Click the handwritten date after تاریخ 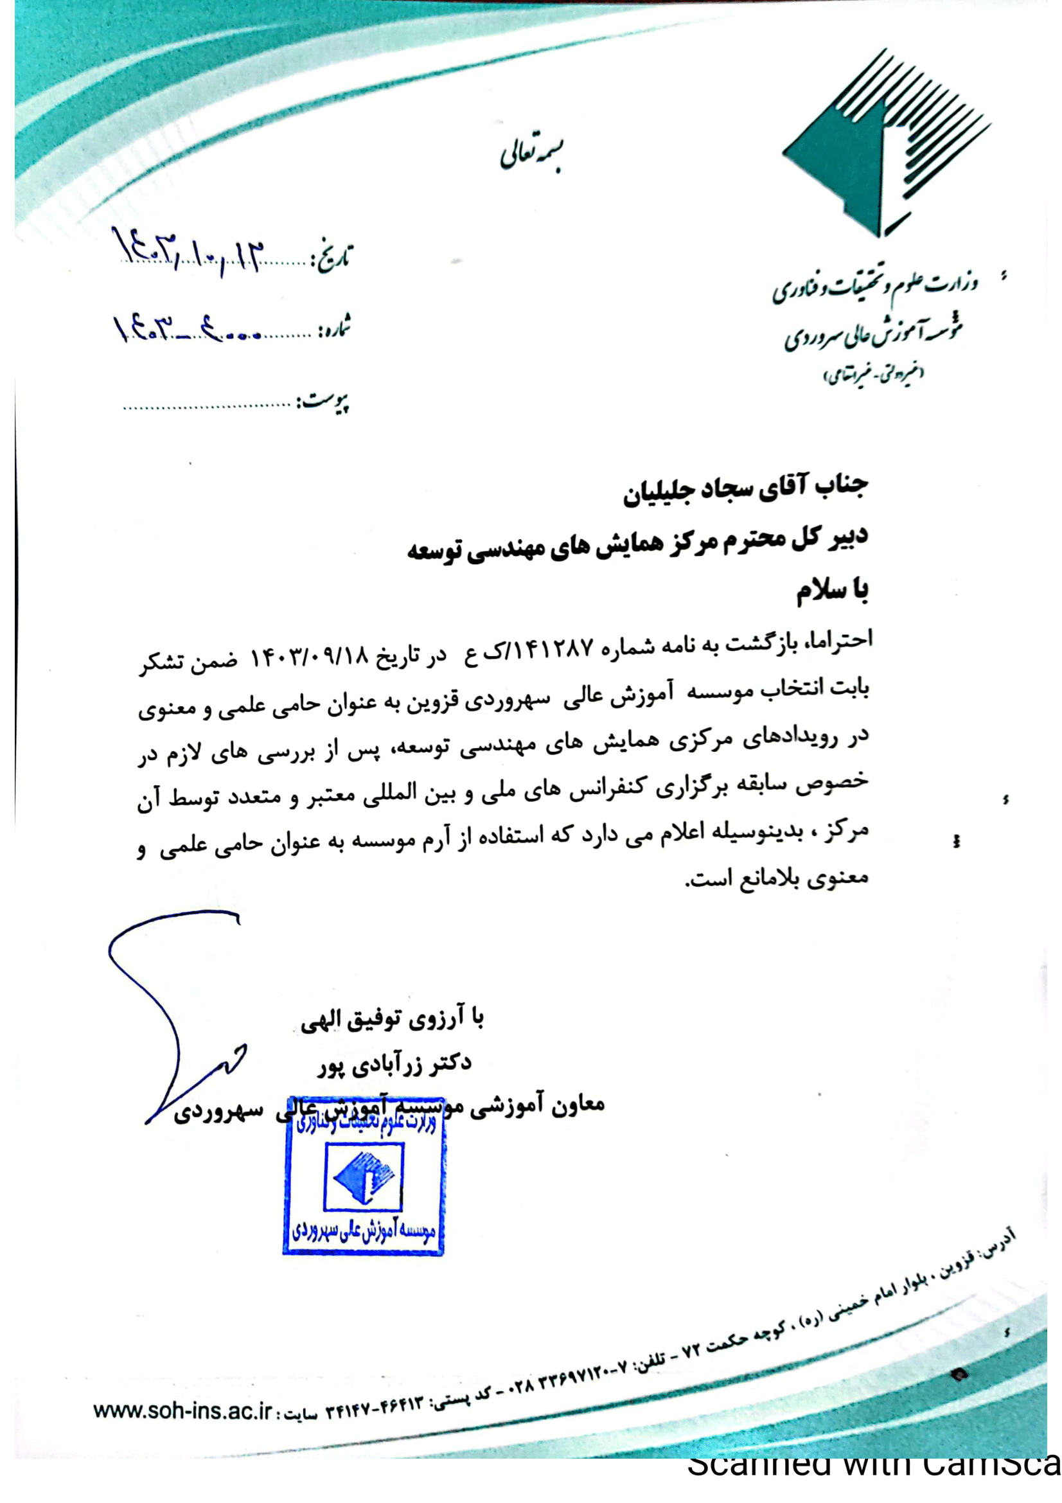(189, 251)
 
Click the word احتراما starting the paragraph (840, 639)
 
